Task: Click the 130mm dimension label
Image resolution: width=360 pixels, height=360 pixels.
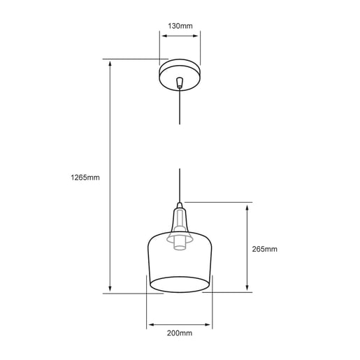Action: pyautogui.click(x=180, y=26)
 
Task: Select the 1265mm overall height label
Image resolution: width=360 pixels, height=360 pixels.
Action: pyautogui.click(x=85, y=178)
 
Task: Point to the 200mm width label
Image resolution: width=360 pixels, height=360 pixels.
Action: pyautogui.click(x=180, y=333)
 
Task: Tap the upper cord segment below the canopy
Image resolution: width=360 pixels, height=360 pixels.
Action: pyautogui.click(x=180, y=108)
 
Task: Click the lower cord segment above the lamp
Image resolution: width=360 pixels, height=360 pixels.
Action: pyautogui.click(x=180, y=185)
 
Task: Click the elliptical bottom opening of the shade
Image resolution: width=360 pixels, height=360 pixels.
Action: pyautogui.click(x=180, y=283)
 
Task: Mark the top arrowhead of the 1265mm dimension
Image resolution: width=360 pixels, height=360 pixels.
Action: pyautogui.click(x=110, y=62)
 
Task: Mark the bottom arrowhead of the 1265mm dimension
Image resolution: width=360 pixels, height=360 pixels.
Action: pyautogui.click(x=110, y=290)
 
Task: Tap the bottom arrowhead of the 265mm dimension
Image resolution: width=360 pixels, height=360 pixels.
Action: pyautogui.click(x=247, y=289)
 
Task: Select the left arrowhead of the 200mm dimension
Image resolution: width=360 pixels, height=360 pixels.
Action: pyautogui.click(x=150, y=325)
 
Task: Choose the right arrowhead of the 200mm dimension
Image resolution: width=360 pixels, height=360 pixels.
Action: pyautogui.click(x=210, y=325)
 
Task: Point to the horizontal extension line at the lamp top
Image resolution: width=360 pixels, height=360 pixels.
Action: pyautogui.click(x=217, y=203)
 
